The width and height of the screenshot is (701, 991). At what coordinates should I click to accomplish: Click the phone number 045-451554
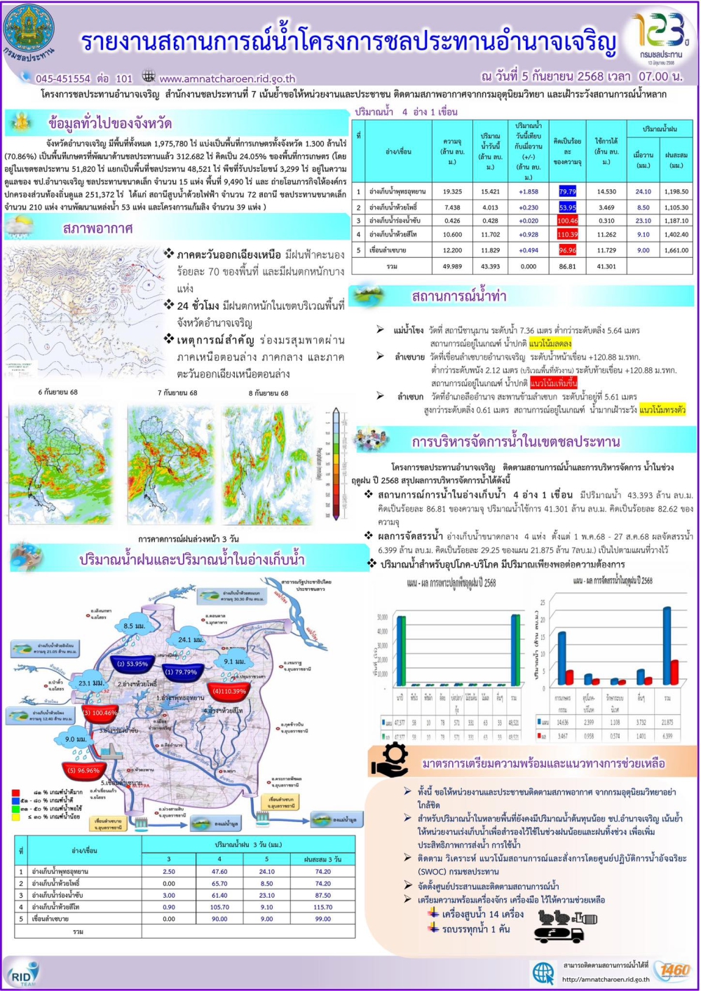[63, 78]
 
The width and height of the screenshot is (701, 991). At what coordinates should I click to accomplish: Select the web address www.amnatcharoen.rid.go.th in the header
[227, 78]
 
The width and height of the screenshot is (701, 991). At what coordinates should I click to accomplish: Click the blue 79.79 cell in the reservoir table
[567, 191]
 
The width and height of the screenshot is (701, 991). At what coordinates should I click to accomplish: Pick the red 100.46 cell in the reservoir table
[567, 221]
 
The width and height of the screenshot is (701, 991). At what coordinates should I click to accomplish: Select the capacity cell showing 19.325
[452, 191]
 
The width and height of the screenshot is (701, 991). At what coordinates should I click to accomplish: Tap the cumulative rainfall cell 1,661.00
[676, 250]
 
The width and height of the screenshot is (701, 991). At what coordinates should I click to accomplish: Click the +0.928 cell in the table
[529, 235]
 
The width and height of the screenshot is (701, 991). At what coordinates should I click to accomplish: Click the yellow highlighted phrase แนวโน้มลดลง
[550, 343]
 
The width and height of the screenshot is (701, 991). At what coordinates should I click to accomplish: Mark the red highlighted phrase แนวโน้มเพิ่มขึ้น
[554, 383]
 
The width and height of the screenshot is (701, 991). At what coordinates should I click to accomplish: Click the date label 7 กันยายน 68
[177, 392]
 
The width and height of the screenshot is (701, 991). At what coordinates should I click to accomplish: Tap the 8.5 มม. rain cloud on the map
[133, 625]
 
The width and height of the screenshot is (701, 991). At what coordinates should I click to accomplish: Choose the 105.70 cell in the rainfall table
[219, 907]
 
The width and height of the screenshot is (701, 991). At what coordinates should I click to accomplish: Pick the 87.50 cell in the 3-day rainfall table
[323, 895]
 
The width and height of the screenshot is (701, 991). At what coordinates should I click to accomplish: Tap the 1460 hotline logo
[674, 970]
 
